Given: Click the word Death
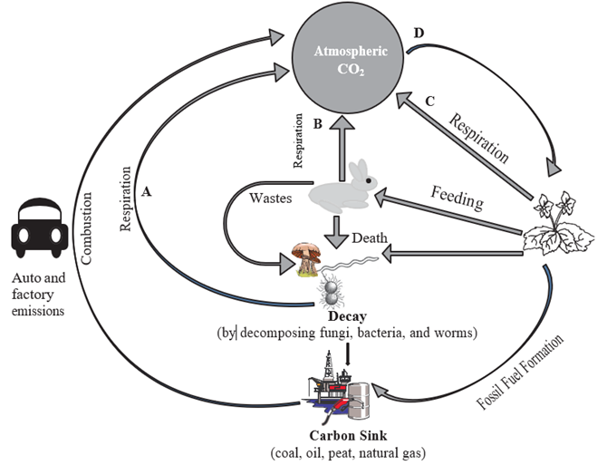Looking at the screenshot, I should [371, 239].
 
